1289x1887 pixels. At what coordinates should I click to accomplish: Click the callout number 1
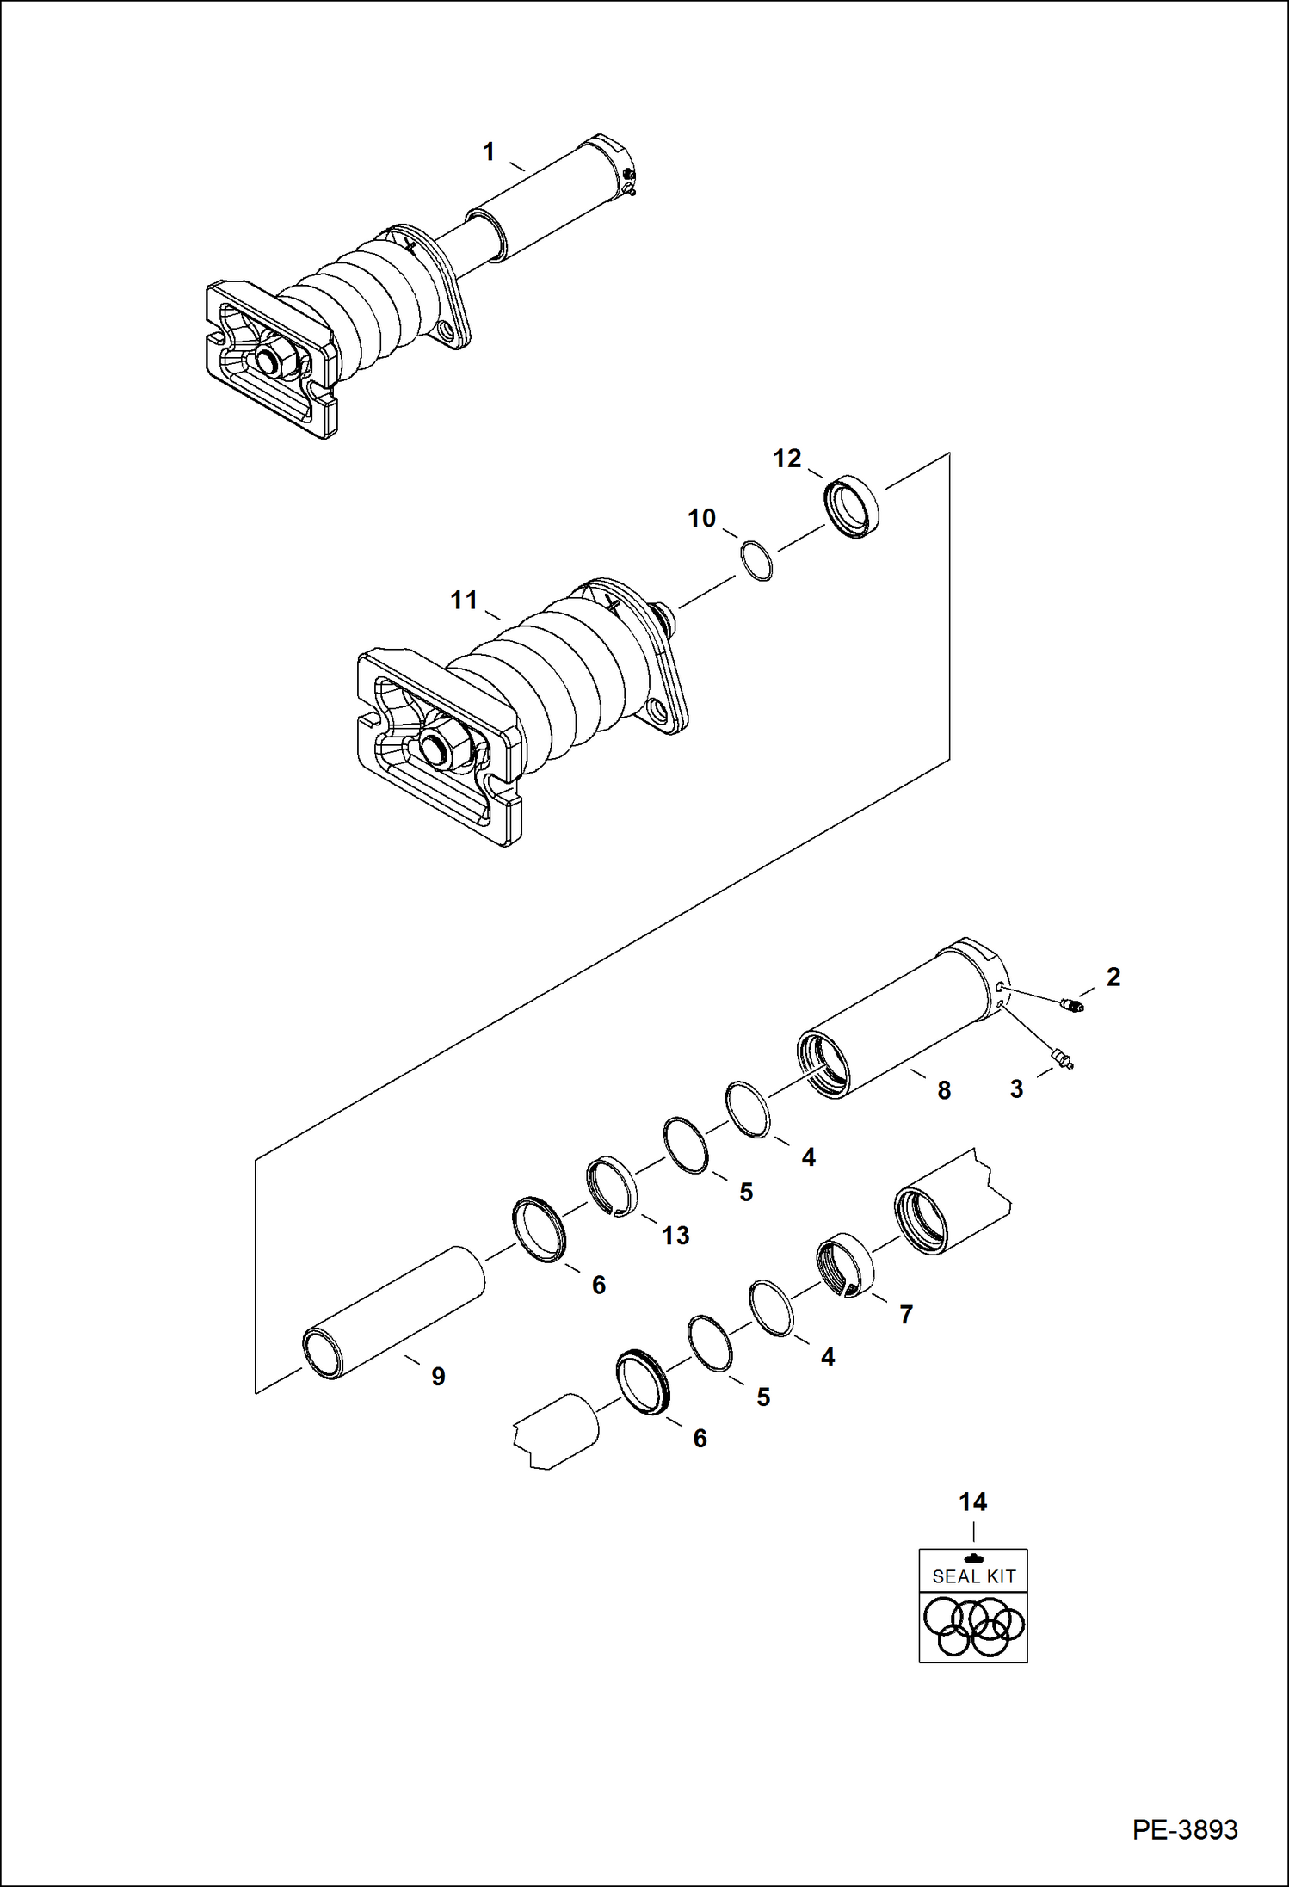(489, 152)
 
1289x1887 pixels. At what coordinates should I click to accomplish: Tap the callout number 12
(786, 459)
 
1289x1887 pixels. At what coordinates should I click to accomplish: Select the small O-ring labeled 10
(756, 561)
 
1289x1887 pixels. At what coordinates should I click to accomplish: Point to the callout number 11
(464, 600)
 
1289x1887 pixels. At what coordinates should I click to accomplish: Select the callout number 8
(944, 1090)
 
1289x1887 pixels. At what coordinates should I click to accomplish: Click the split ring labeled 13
(612, 1187)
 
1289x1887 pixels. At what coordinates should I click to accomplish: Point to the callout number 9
(438, 1377)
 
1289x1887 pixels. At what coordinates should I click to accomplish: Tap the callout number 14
(972, 1502)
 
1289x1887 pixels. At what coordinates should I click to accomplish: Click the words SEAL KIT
(973, 1576)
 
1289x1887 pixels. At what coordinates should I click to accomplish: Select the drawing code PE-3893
(1184, 1829)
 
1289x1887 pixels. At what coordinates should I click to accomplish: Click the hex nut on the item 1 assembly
(277, 361)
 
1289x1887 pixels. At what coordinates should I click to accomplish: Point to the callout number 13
(675, 1236)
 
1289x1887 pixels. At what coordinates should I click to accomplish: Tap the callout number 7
(905, 1314)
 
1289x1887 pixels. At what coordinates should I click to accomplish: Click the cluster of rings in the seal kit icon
(973, 1626)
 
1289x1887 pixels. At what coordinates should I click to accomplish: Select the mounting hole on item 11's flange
(658, 710)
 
